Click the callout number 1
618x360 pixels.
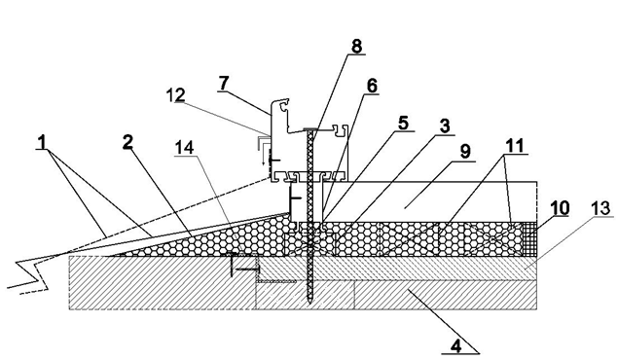pos(42,142)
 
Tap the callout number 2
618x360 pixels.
pos(127,143)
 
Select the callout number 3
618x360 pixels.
pos(444,126)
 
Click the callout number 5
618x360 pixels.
pos(403,123)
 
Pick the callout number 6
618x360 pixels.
pos(372,86)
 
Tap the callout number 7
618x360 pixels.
pos(224,83)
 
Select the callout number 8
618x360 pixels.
pos(356,46)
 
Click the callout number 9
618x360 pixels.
pos(465,152)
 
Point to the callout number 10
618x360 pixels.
pos(561,207)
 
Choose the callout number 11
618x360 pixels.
pos(515,146)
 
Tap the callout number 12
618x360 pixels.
pos(175,95)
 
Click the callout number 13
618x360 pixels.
pos(601,207)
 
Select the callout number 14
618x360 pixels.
pos(185,148)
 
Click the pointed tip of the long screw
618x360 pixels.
pos(309,302)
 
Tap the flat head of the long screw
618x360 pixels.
pos(311,128)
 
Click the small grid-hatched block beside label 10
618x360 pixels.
pos(528,239)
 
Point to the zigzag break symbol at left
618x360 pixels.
pos(27,275)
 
